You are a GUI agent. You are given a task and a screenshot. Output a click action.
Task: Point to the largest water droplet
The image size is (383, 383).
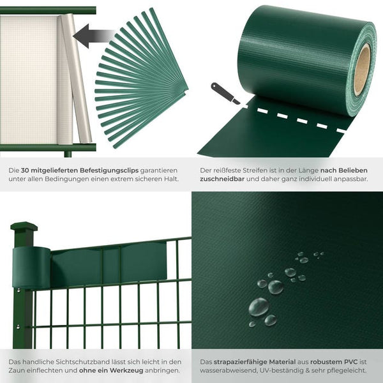pyautogui.click(x=259, y=306)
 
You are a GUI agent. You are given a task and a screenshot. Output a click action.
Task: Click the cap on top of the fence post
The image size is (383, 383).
pyautogui.click(x=24, y=227)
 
